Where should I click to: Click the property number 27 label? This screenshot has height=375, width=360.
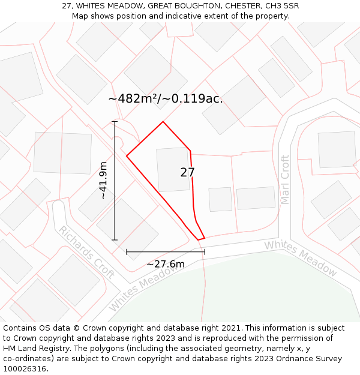[187, 173]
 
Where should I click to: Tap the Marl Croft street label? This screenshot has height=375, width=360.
[285, 179]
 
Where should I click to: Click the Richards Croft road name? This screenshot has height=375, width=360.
[87, 252]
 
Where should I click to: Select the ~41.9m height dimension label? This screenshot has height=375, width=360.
[103, 181]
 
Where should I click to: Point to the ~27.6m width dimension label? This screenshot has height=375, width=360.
[166, 264]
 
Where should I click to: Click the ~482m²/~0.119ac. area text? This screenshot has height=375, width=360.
[166, 99]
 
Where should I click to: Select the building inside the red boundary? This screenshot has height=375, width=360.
[173, 170]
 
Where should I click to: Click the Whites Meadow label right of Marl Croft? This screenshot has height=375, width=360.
[300, 257]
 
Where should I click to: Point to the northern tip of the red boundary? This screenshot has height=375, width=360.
[163, 122]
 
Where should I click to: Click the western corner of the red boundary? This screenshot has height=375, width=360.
[127, 156]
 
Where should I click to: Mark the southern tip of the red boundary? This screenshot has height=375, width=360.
[199, 239]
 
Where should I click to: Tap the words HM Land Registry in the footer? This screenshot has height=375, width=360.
[33, 348]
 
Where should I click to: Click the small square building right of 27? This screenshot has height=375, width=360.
[220, 199]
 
